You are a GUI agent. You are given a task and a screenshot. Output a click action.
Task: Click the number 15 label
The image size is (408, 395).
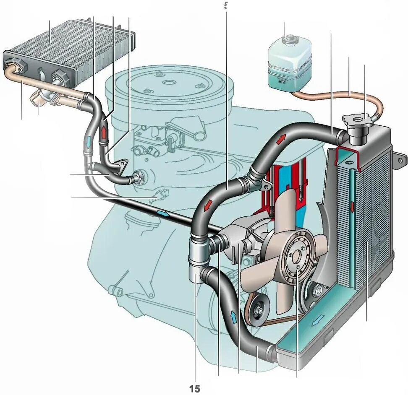pos(195,389)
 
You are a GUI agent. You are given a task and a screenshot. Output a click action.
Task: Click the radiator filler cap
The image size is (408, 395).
pos(356,122)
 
